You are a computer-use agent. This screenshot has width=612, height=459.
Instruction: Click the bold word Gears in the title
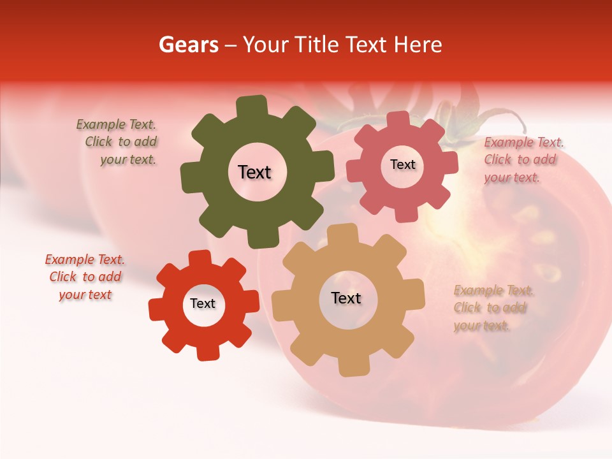click(x=188, y=45)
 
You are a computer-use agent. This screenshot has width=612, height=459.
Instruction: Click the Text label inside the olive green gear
click(x=254, y=172)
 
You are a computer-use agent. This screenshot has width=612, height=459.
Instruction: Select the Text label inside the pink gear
click(x=402, y=164)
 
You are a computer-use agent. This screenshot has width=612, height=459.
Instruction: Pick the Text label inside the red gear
click(x=203, y=303)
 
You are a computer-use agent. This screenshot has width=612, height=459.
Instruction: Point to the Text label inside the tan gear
click(x=346, y=298)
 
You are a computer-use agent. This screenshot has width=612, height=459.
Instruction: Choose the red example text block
click(x=85, y=277)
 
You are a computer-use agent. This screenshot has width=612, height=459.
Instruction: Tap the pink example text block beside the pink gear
click(x=523, y=160)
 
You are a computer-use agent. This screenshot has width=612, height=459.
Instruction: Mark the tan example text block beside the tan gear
click(x=493, y=308)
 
